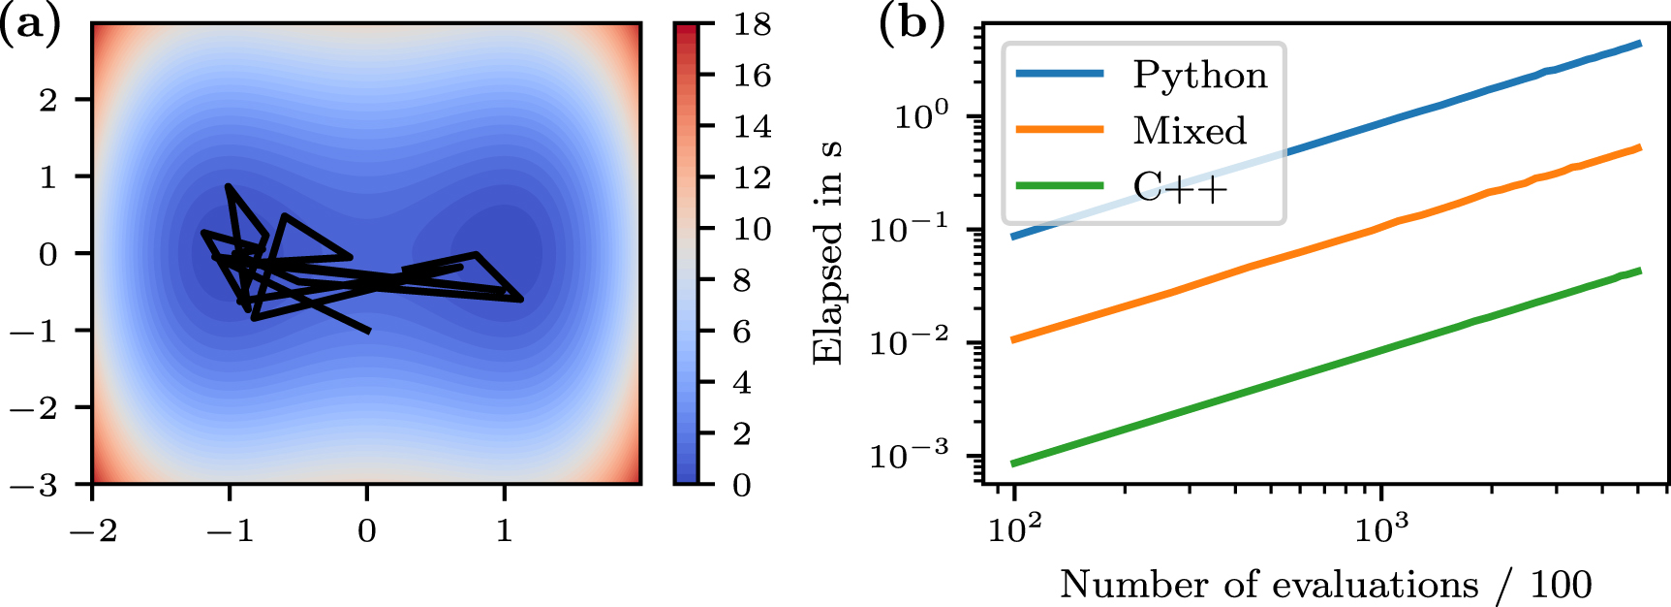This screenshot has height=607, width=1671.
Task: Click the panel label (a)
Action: pyautogui.click(x=29, y=23)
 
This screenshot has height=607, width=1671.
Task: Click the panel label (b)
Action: pyautogui.click(x=912, y=23)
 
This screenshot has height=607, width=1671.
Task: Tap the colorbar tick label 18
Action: pyautogui.click(x=752, y=23)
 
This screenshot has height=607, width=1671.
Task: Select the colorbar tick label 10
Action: pyautogui.click(x=752, y=229)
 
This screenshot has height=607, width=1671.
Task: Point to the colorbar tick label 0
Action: pyautogui.click(x=742, y=485)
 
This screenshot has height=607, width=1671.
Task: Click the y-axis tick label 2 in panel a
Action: pyautogui.click(x=47, y=99)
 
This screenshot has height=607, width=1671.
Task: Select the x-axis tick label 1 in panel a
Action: pyautogui.click(x=504, y=530)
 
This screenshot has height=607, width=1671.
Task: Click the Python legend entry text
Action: pyautogui.click(x=1199, y=76)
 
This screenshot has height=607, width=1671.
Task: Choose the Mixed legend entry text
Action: pyautogui.click(x=1190, y=131)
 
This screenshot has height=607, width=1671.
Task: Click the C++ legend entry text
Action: pyautogui.click(x=1180, y=186)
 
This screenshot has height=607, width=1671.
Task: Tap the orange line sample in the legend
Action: pyautogui.click(x=1059, y=130)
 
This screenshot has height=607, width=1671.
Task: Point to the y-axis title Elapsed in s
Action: pyautogui.click(x=827, y=253)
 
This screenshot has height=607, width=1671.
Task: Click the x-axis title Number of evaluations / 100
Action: pyautogui.click(x=1325, y=585)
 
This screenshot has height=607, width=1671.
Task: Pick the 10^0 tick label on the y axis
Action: pyautogui.click(x=920, y=116)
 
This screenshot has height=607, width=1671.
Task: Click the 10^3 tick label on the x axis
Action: pyautogui.click(x=1382, y=529)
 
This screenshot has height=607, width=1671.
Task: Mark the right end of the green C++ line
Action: pyautogui.click(x=1639, y=271)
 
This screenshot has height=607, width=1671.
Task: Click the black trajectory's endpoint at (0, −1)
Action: pyautogui.click(x=368, y=331)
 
